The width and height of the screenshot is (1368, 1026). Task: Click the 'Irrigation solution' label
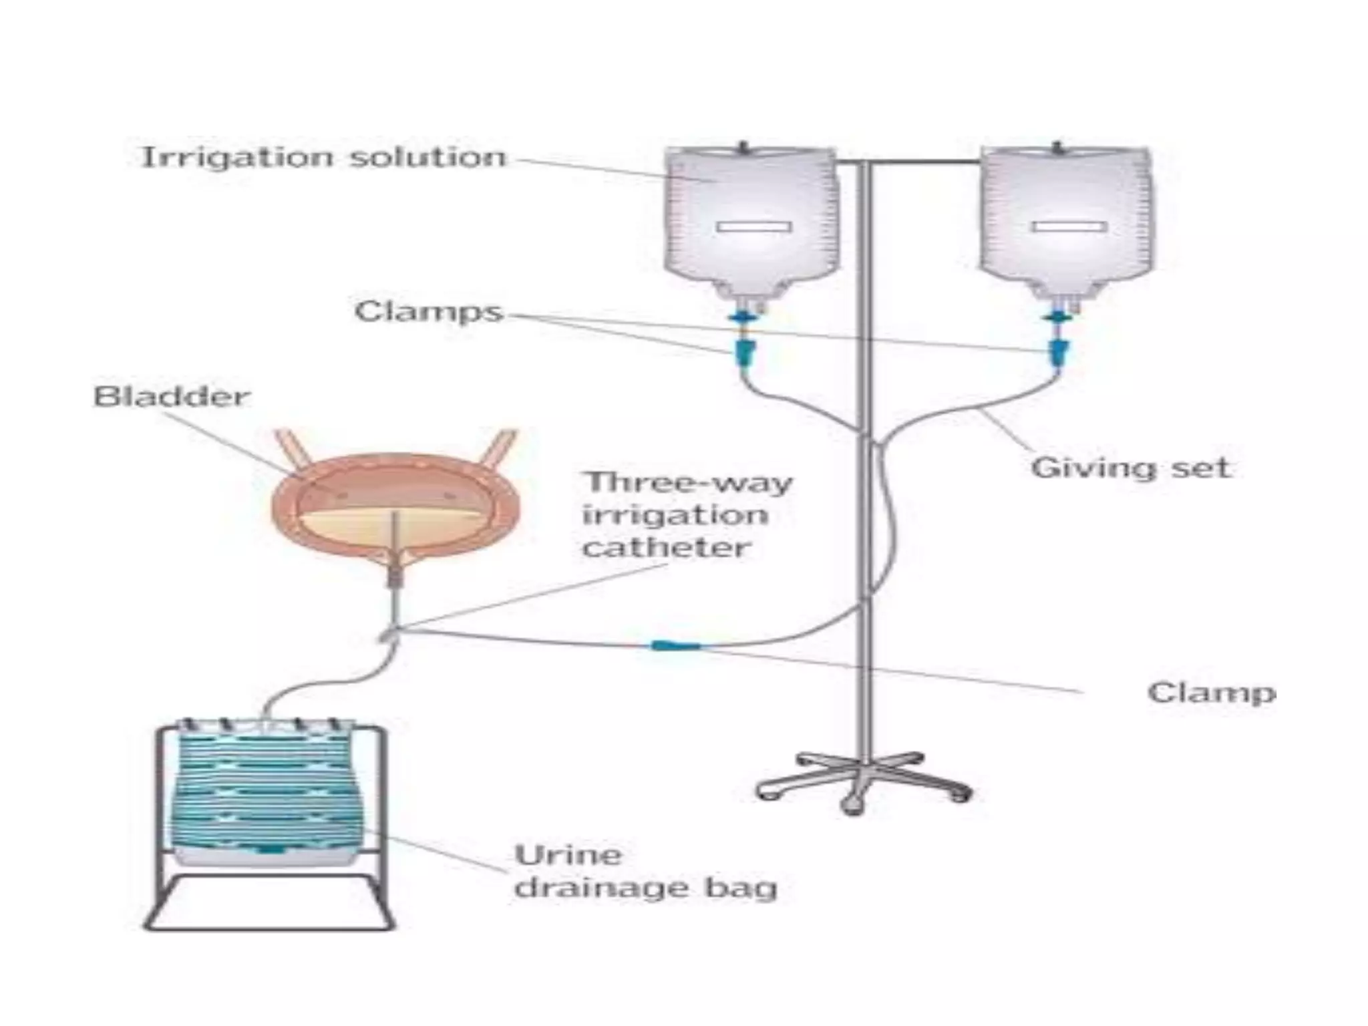click(x=325, y=158)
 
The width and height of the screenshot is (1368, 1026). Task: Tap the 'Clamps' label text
click(x=428, y=312)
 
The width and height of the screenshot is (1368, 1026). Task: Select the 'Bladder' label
click(x=172, y=396)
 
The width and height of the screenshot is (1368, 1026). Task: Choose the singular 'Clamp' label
click(x=1211, y=693)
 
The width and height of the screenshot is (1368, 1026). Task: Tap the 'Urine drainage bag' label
click(x=645, y=872)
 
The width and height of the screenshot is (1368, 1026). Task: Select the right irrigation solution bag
click(x=1067, y=214)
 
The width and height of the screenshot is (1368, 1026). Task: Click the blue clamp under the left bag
click(x=745, y=349)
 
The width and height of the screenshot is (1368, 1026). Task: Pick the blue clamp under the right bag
click(x=1057, y=349)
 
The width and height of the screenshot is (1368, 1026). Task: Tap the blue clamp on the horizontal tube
click(x=675, y=645)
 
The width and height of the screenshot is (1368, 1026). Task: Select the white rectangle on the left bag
click(x=754, y=227)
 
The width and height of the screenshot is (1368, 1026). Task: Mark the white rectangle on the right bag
click(x=1069, y=227)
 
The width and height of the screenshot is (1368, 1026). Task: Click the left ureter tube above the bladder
click(x=292, y=448)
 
